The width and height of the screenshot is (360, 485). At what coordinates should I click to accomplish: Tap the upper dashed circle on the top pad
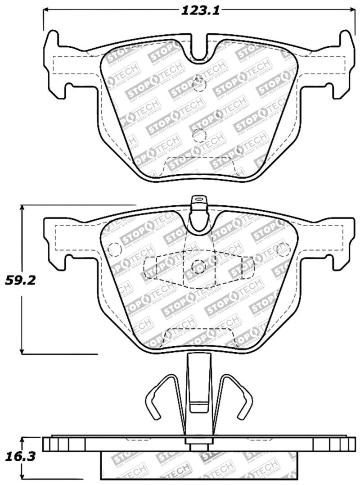tap(199, 84)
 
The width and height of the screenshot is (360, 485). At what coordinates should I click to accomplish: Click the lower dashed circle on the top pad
tap(198, 135)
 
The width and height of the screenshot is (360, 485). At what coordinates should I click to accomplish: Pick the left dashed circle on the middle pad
tap(115, 249)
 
